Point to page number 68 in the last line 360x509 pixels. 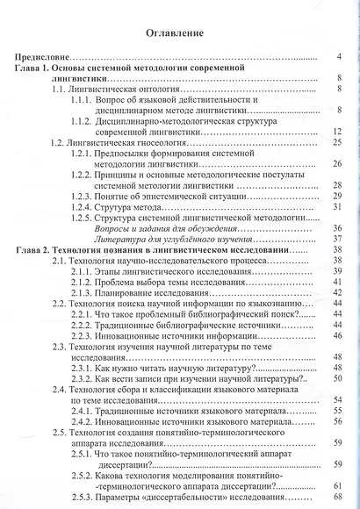(336, 497)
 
